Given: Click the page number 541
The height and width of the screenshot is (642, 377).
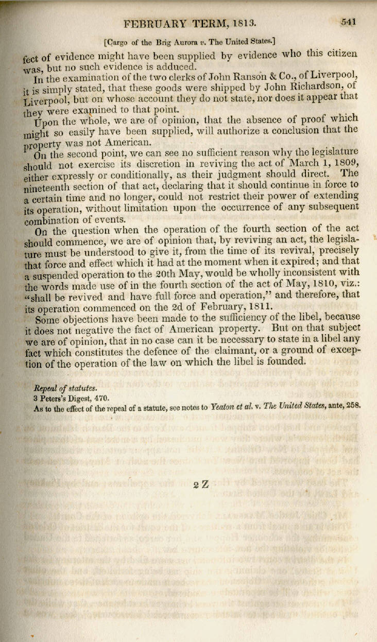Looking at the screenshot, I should click(349, 22).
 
